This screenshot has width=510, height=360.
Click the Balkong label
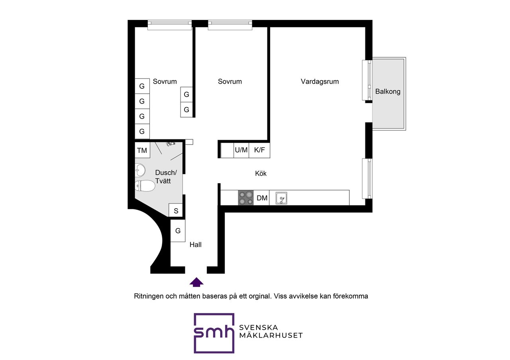(x=388, y=92)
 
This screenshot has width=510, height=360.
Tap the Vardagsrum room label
(x=320, y=82)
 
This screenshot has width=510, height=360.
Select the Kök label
(x=261, y=174)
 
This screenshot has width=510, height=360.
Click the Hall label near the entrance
(x=196, y=245)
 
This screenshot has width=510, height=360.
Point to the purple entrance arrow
(x=196, y=282)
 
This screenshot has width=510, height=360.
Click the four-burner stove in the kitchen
(x=246, y=198)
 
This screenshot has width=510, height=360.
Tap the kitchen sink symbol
(x=281, y=198)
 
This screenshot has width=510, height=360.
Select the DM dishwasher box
(x=262, y=198)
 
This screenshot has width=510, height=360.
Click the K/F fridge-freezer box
(x=259, y=150)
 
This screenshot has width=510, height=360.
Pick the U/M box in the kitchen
(x=241, y=150)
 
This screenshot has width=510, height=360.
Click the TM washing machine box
(x=142, y=151)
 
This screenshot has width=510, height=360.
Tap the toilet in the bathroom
(x=145, y=186)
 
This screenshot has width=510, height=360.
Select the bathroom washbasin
(x=139, y=171)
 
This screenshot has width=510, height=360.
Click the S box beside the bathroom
(x=176, y=211)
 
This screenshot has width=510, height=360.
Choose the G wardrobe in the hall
(x=178, y=231)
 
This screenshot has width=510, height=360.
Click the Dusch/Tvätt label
(x=165, y=176)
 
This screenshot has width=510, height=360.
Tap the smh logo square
(x=214, y=333)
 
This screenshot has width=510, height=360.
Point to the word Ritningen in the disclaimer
(x=147, y=297)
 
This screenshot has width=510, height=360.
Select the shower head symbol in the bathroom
(x=171, y=143)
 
